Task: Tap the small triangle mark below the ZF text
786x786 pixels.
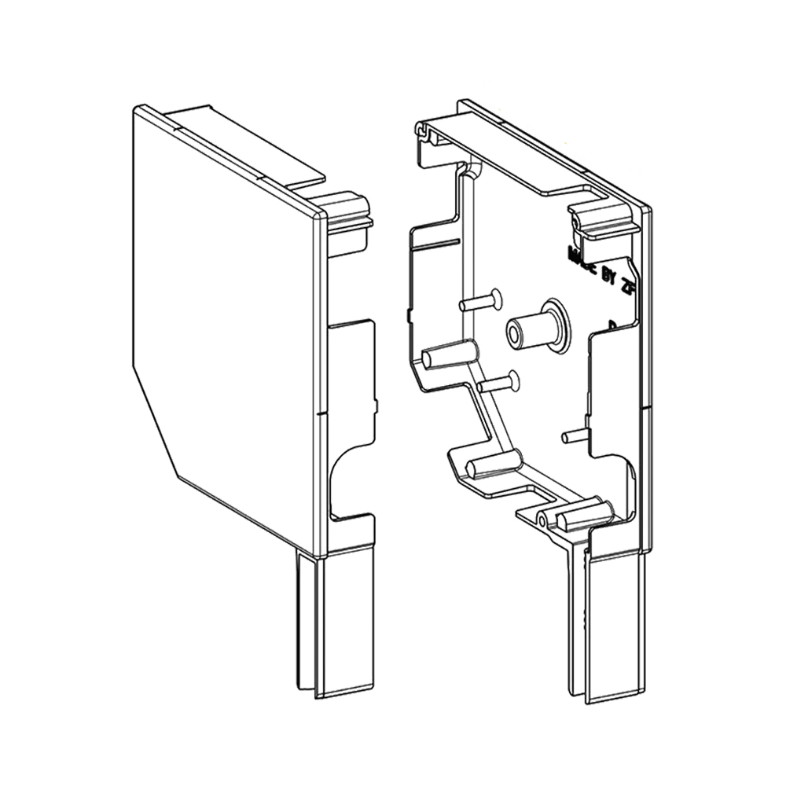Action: (x=612, y=322)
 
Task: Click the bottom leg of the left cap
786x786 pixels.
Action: (x=334, y=621)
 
